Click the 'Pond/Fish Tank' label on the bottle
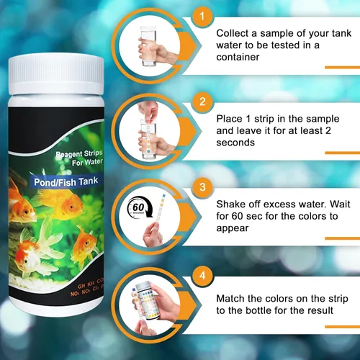[x=63, y=182]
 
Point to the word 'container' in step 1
[x=238, y=58]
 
